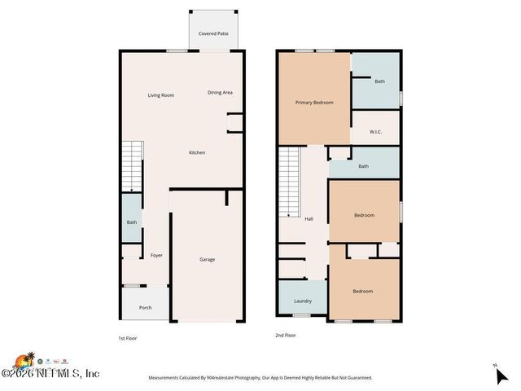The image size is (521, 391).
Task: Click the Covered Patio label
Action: (x=213, y=34)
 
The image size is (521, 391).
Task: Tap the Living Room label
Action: (x=161, y=95)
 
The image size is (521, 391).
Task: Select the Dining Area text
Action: (x=220, y=92)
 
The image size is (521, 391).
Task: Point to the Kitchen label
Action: (x=197, y=152)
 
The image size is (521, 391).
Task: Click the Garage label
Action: (x=208, y=259)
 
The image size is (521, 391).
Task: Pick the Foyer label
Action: (x=156, y=255)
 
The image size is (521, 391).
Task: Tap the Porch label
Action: (x=146, y=307)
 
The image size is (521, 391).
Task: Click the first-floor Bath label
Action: (x=132, y=222)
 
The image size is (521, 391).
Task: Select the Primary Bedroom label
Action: (x=314, y=103)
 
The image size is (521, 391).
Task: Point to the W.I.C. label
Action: (x=375, y=131)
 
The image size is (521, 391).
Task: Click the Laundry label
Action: (x=303, y=301)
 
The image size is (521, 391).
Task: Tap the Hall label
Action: (x=309, y=218)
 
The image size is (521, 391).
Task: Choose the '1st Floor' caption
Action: (x=129, y=336)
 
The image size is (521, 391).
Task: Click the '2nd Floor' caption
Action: (x=285, y=335)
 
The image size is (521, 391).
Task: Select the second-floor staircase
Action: (x=291, y=182)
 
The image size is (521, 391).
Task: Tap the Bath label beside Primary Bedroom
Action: (x=379, y=81)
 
